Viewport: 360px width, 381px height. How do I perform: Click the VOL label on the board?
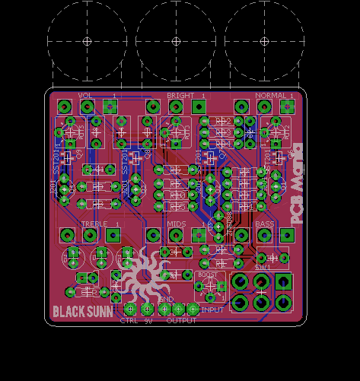coord(85,96)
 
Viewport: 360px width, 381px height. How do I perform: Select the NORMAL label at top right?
coord(270,96)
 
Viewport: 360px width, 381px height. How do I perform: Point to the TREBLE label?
coord(94,224)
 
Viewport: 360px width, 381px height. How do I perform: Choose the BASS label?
coord(264,224)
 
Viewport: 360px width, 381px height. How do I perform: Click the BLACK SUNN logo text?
coord(83,311)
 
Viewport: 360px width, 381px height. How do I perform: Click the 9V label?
coord(149,321)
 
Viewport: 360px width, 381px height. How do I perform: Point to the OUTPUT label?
coord(182,321)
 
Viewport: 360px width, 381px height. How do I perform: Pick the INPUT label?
coord(212,310)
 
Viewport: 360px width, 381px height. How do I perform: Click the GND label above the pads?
coord(166,300)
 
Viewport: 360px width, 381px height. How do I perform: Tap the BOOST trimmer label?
coord(207,275)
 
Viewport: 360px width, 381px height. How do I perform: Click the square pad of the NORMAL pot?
coord(287,106)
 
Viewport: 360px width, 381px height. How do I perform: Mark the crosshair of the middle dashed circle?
coord(176,40)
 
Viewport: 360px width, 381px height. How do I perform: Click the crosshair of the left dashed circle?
coord(87,40)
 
